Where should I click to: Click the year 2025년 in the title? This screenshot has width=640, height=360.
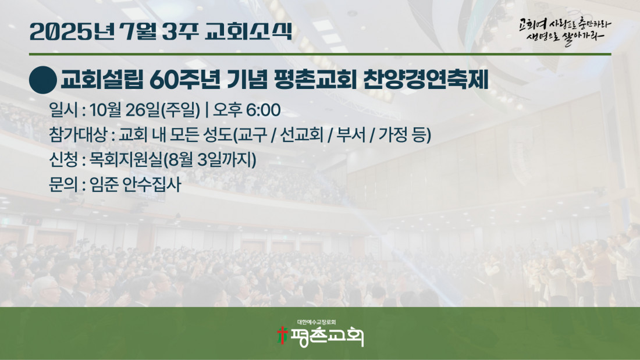click(72, 31)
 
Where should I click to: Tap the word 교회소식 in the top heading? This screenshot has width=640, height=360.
click(248, 31)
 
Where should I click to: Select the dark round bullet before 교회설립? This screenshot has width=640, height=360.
click(43, 80)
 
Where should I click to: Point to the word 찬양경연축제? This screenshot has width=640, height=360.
click(425, 80)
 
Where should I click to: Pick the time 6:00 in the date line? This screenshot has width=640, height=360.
click(263, 110)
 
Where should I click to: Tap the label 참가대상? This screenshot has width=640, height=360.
click(77, 135)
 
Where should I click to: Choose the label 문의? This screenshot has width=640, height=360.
click(63, 184)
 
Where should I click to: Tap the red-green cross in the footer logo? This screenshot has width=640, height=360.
click(282, 335)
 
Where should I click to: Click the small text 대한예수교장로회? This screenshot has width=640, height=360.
click(317, 322)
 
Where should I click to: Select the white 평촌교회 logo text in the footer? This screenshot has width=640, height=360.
click(326, 337)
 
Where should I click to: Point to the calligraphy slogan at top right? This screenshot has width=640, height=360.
click(566, 31)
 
